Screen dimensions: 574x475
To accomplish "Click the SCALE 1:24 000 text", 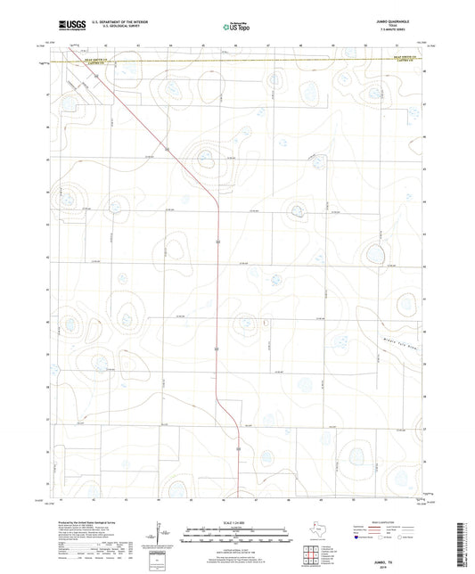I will tap(236, 521).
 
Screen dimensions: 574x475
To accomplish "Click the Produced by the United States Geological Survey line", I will tap(89, 523).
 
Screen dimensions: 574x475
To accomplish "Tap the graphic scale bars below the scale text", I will tap(236, 537).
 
